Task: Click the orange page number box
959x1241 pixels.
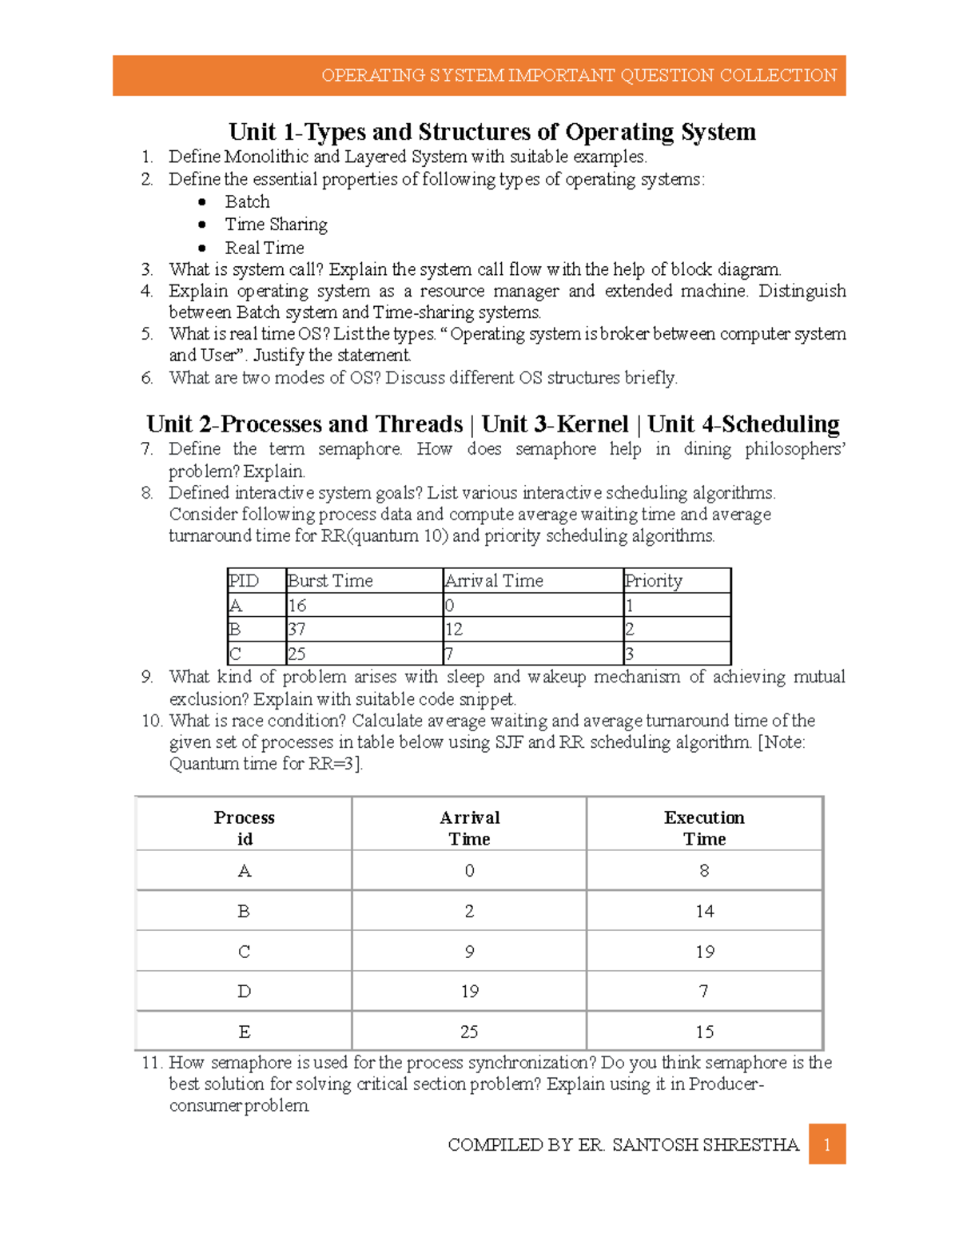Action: (x=826, y=1144)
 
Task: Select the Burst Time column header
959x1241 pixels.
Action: (x=330, y=581)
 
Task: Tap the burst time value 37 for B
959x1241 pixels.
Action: (x=296, y=630)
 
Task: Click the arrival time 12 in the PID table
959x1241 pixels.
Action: (x=454, y=630)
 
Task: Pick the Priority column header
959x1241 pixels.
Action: (x=654, y=581)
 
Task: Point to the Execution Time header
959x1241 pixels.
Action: (x=704, y=828)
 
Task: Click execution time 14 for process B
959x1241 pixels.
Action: (x=704, y=911)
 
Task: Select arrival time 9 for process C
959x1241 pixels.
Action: (x=469, y=952)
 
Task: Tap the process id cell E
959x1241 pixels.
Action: (x=245, y=1032)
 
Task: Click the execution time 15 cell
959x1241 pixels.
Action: (x=704, y=1032)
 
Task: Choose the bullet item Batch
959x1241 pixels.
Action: (x=247, y=202)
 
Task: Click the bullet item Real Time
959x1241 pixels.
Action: (x=265, y=249)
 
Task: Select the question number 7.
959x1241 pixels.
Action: (x=146, y=449)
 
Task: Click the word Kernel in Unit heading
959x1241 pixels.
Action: (x=593, y=424)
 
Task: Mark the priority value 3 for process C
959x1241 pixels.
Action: (x=630, y=654)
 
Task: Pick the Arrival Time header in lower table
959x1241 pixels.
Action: (x=469, y=828)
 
